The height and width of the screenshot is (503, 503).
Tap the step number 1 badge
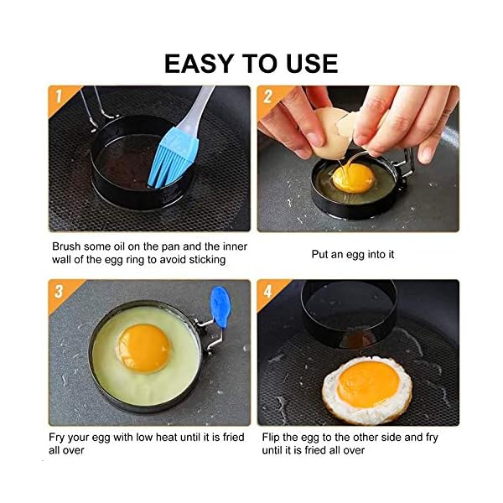coord(59,96)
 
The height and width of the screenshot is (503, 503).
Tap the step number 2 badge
coord(267,96)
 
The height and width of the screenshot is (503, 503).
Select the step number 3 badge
coord(59,292)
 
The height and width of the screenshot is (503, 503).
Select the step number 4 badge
coord(267,292)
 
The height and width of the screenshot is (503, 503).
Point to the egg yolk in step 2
coord(353,177)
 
